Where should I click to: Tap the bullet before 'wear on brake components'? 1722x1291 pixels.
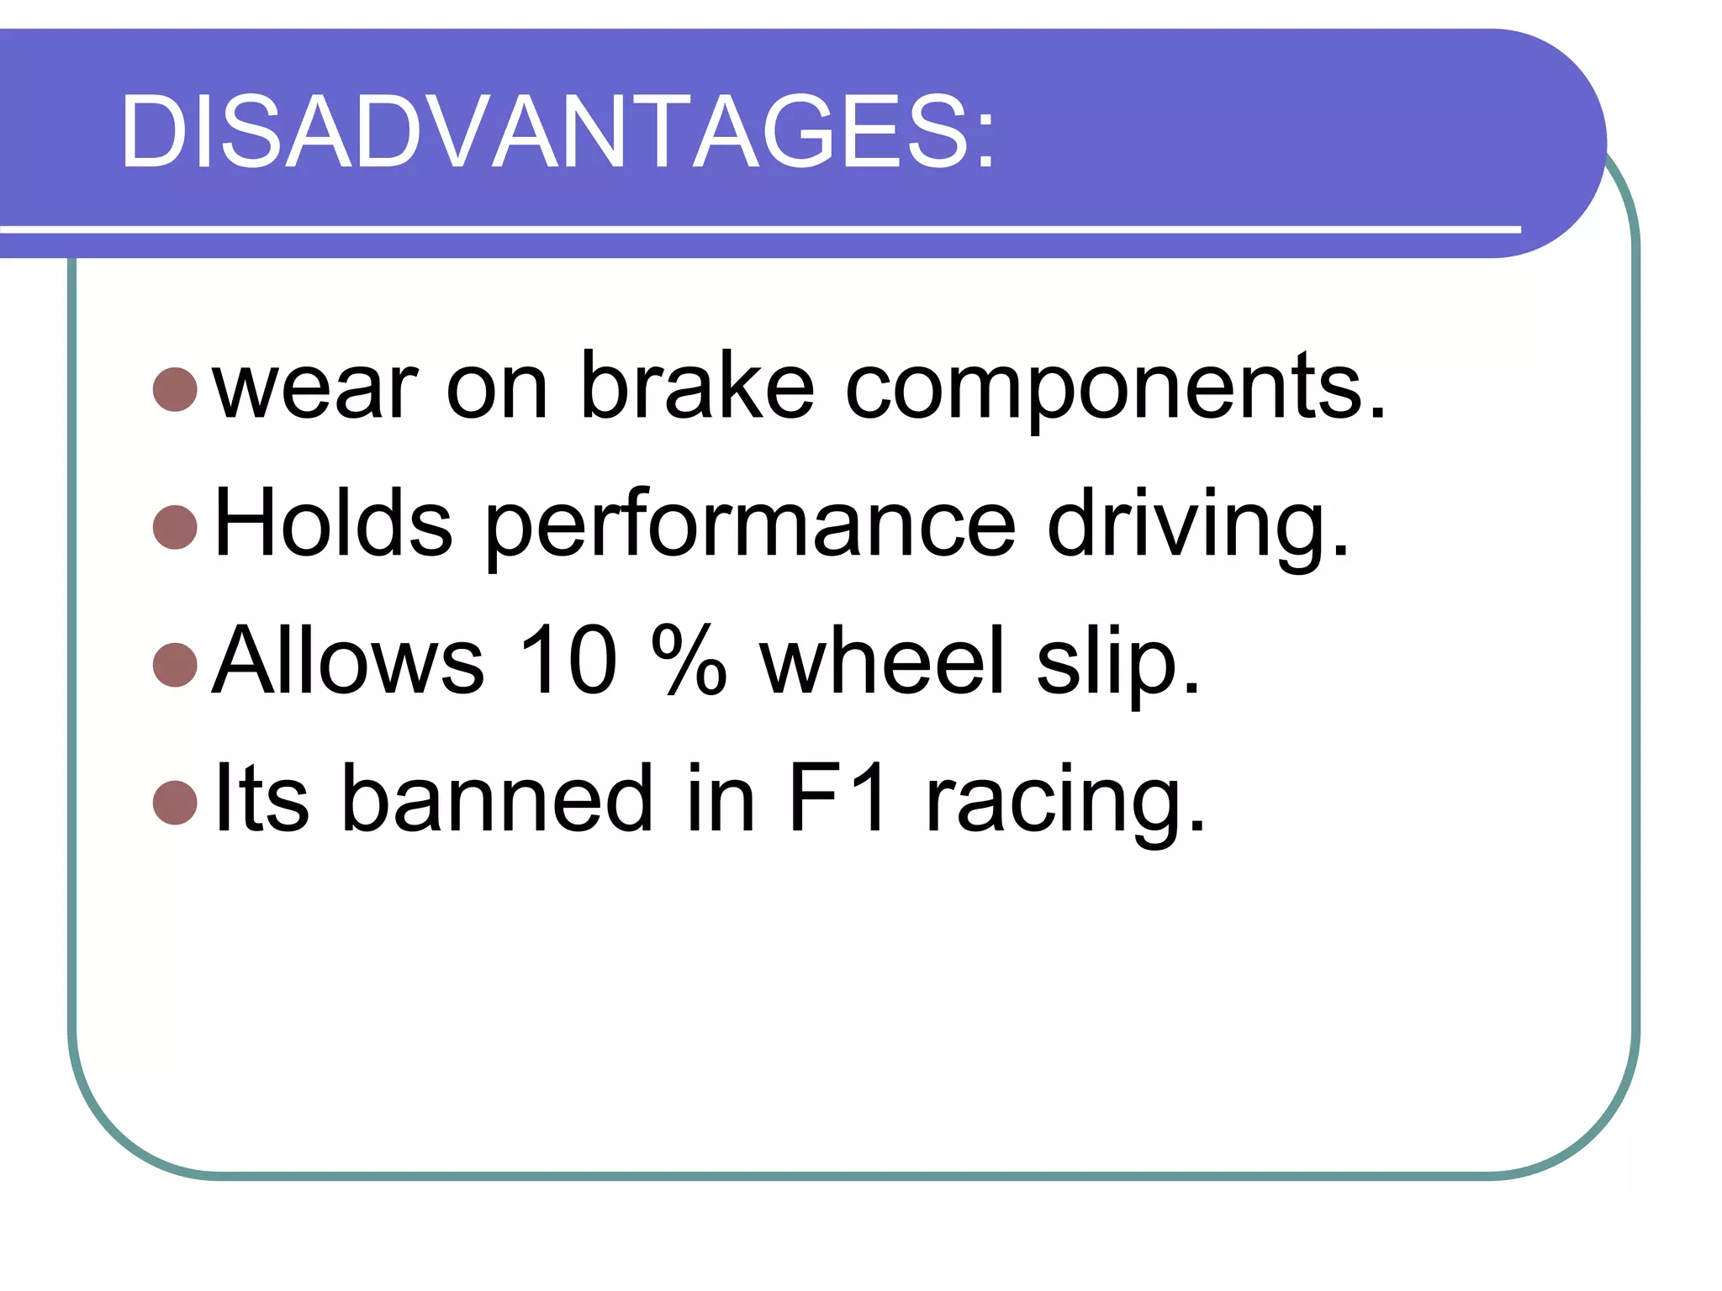pos(176,388)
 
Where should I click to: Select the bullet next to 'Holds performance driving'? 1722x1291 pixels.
pos(176,526)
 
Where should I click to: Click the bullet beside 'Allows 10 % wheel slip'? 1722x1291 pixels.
pos(176,664)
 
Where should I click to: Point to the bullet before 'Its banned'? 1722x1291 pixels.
pos(176,803)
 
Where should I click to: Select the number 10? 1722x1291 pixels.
pos(568,662)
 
